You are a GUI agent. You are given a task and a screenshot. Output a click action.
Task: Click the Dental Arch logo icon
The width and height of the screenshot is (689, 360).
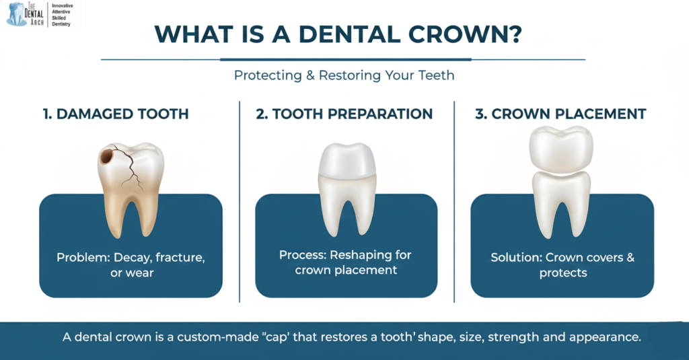pyautogui.click(x=16, y=13)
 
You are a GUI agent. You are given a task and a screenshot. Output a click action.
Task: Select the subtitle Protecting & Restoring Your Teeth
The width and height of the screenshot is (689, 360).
pyautogui.click(x=344, y=75)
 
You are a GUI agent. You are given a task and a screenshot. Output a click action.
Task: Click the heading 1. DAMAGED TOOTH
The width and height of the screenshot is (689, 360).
pyautogui.click(x=115, y=114)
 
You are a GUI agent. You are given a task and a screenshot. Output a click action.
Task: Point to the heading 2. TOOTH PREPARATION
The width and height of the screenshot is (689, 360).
pyautogui.click(x=344, y=114)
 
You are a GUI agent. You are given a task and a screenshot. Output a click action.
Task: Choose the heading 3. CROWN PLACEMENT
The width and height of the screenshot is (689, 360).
pyautogui.click(x=560, y=114)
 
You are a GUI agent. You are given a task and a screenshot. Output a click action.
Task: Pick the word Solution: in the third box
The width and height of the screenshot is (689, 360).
pyautogui.click(x=515, y=258)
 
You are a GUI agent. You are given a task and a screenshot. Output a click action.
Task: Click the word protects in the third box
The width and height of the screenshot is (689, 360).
pyautogui.click(x=563, y=273)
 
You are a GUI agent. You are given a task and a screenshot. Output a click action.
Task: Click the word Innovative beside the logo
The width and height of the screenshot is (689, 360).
pyautogui.click(x=63, y=6)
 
